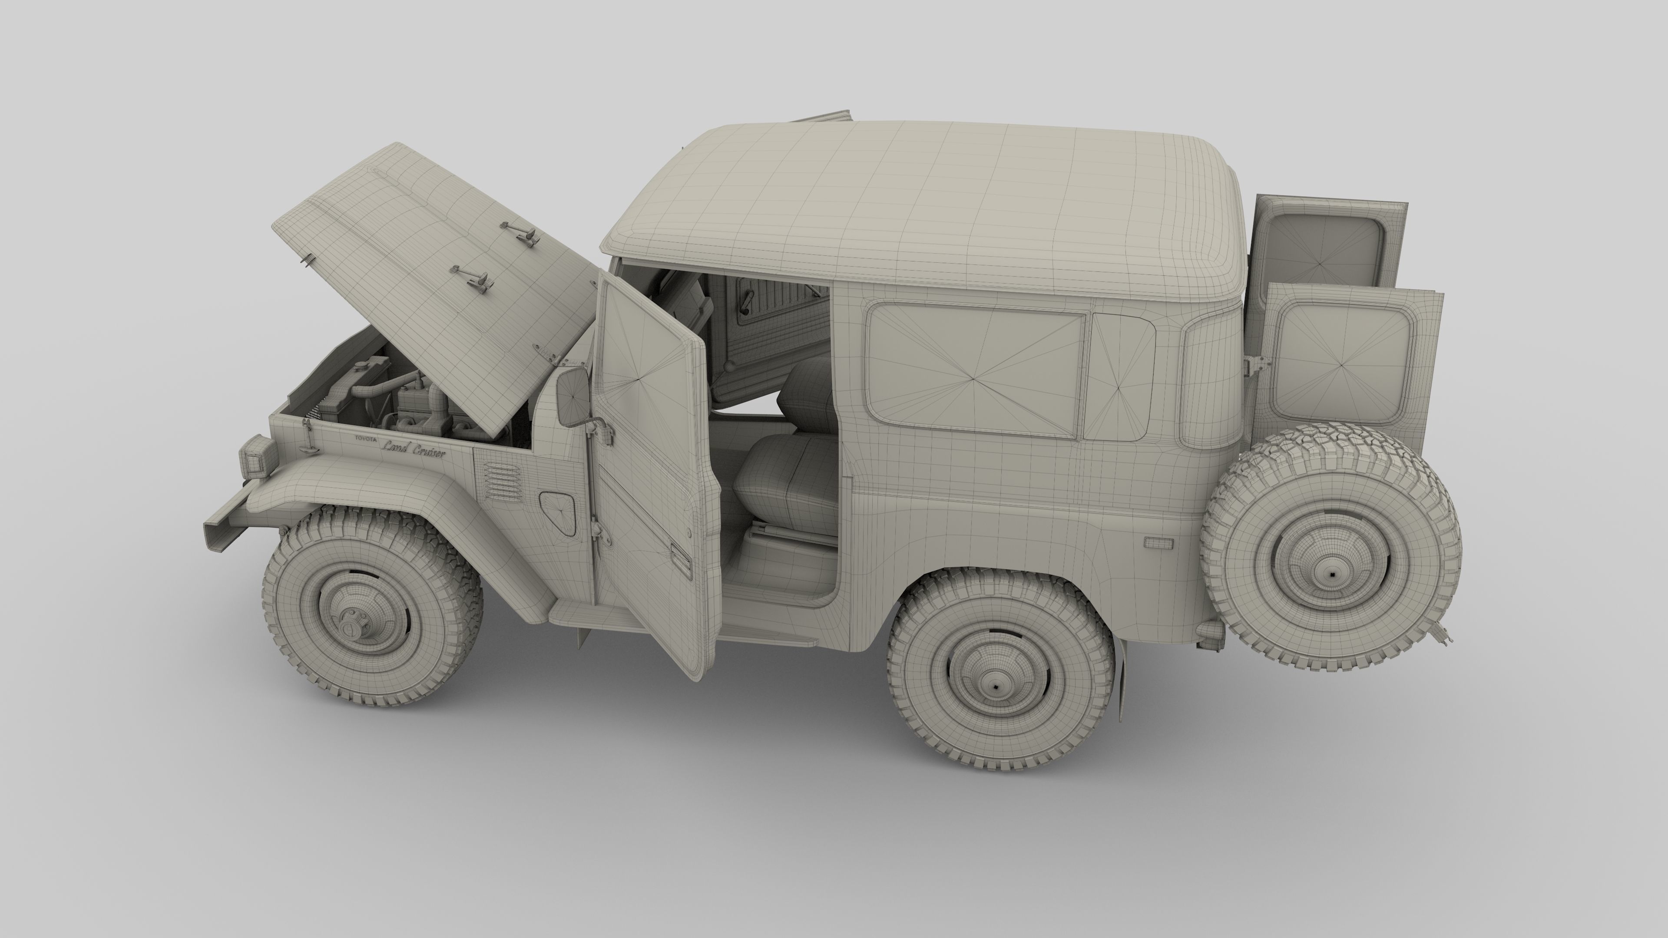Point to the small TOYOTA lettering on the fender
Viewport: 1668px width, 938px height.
click(364, 438)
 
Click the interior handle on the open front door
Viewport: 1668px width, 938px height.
click(681, 561)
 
